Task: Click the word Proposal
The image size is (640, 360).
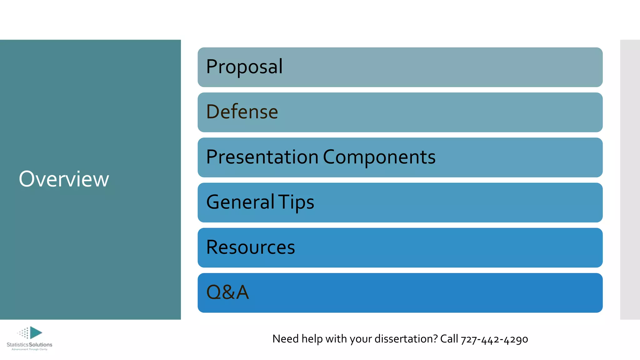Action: click(x=244, y=67)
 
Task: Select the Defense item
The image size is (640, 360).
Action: click(x=242, y=112)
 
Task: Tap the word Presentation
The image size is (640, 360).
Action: click(x=262, y=157)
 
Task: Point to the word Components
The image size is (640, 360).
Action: click(x=379, y=157)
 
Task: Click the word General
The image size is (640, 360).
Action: click(x=240, y=202)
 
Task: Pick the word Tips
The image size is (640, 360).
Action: click(x=296, y=202)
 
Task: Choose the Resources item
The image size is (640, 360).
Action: click(x=251, y=247)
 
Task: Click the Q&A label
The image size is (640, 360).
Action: click(x=227, y=292)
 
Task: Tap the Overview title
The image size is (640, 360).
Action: click(x=64, y=179)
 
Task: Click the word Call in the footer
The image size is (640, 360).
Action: click(x=449, y=339)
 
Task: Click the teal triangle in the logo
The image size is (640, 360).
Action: click(x=36, y=332)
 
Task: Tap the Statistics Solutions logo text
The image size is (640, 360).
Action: click(x=29, y=345)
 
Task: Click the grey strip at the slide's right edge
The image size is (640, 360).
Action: click(x=630, y=179)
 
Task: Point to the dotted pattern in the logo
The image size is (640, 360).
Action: click(x=24, y=333)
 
